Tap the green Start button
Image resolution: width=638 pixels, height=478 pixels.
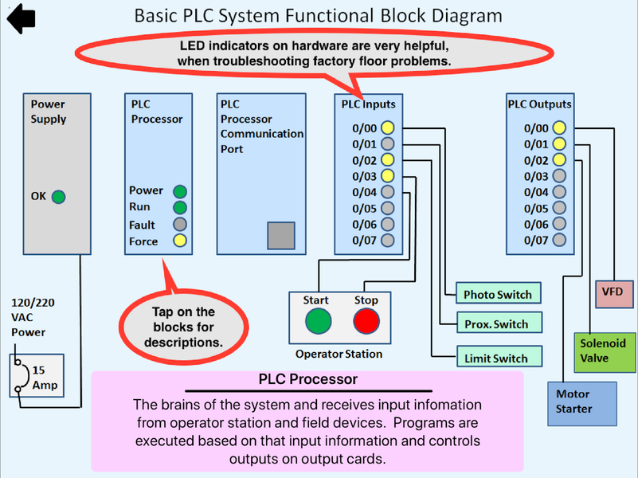(x=319, y=321)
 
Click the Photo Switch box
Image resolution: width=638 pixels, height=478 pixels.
(x=498, y=295)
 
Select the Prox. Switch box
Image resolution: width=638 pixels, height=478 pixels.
(x=498, y=324)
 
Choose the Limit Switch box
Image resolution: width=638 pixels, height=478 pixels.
(x=498, y=358)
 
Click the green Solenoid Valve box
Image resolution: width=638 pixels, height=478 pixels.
(x=602, y=351)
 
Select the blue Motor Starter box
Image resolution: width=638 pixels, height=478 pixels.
(x=581, y=402)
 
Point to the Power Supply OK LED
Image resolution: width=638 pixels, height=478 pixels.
(x=58, y=197)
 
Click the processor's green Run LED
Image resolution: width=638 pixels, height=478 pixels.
(x=180, y=207)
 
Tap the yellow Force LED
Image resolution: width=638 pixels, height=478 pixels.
(x=180, y=241)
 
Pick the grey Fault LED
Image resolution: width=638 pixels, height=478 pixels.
(x=180, y=225)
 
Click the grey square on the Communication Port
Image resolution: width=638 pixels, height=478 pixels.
(x=281, y=236)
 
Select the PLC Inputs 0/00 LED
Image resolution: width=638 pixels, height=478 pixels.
(x=387, y=127)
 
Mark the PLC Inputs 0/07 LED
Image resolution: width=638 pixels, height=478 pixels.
(x=387, y=240)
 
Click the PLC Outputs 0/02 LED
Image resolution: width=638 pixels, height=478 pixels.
(x=559, y=160)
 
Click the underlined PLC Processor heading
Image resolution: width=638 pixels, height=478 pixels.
(x=308, y=380)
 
